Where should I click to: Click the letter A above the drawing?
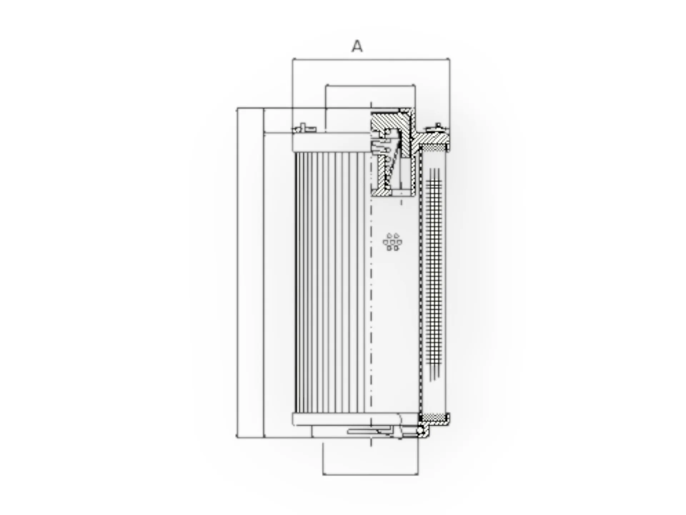[x=357, y=46]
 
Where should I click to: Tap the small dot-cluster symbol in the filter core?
[x=392, y=242]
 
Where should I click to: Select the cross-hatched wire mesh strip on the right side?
[x=434, y=272]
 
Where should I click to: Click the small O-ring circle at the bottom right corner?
[x=422, y=431]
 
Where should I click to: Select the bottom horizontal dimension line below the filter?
[x=370, y=475]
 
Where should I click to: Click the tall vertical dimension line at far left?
[x=237, y=272]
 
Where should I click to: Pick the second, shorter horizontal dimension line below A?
[x=370, y=86]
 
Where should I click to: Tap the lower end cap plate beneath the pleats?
[x=347, y=419]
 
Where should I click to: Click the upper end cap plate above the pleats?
[x=330, y=143]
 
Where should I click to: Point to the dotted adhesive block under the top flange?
[x=433, y=147]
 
